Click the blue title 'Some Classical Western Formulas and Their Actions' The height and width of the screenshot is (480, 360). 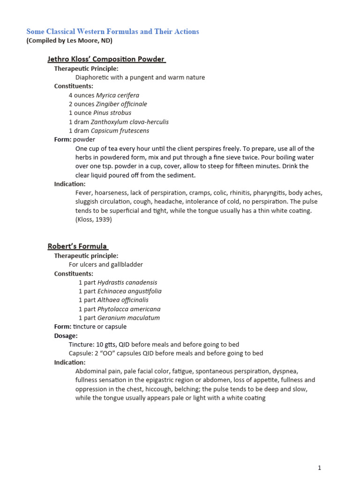[112, 31]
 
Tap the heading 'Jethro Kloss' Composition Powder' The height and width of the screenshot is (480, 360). [106, 59]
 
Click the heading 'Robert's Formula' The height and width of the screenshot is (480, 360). [77, 246]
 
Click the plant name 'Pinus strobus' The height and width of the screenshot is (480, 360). [112, 113]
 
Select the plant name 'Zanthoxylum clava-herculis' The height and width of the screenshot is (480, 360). [129, 122]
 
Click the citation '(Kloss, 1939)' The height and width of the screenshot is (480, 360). [94, 219]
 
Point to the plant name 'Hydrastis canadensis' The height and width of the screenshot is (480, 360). [127, 283]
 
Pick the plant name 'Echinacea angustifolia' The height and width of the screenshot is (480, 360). [129, 291]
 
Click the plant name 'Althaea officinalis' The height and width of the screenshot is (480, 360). [123, 300]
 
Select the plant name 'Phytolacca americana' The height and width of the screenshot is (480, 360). [129, 309]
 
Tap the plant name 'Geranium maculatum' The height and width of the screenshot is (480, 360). [128, 318]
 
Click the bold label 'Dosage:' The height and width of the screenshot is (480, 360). [66, 336]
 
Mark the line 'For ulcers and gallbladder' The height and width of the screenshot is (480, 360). [106, 264]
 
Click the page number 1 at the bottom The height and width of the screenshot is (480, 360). [319, 468]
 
